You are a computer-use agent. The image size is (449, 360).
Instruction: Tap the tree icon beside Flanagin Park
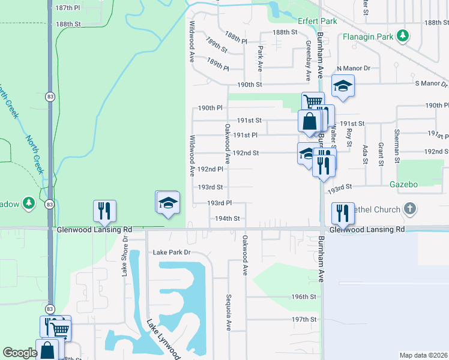405,37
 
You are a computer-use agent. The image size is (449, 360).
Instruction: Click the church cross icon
409,209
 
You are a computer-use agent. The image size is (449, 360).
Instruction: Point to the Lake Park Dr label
171,253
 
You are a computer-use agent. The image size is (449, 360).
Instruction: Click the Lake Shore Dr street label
125,256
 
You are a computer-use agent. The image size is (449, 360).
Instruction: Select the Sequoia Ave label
229,312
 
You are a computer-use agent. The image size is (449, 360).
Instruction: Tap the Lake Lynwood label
163,339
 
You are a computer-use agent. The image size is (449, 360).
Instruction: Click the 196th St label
304,297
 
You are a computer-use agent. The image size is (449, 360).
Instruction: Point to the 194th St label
228,219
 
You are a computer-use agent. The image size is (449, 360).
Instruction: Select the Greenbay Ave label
307,61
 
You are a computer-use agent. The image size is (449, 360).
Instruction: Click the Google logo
20,353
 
